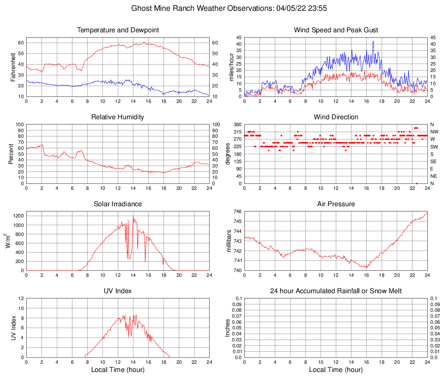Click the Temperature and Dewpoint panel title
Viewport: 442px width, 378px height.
(118, 30)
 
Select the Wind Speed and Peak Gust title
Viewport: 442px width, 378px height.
(336, 30)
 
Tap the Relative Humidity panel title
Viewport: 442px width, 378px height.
(118, 117)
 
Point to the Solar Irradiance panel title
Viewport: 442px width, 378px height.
(118, 204)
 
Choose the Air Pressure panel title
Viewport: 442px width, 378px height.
(336, 204)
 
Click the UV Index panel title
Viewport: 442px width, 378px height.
(118, 291)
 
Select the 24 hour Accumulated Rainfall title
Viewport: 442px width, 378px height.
(336, 291)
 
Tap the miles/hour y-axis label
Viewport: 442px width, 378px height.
(231, 67)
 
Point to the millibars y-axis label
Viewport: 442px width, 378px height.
(229, 241)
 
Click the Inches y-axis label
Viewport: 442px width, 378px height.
(228, 328)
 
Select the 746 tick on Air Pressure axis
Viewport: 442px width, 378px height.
(238, 212)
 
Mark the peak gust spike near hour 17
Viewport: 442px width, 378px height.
(373, 42)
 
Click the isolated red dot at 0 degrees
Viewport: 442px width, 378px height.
(417, 183)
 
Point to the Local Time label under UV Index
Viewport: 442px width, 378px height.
(118, 370)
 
